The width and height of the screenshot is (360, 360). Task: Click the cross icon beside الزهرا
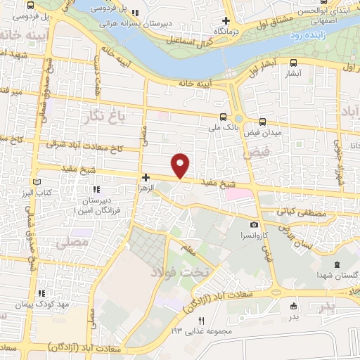(x=146, y=178)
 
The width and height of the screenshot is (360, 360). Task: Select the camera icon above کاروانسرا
(x=253, y=224)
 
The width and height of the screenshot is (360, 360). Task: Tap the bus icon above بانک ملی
(x=223, y=117)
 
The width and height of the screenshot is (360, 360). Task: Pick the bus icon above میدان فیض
(x=262, y=122)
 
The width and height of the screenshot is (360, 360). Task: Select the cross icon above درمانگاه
(x=225, y=21)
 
